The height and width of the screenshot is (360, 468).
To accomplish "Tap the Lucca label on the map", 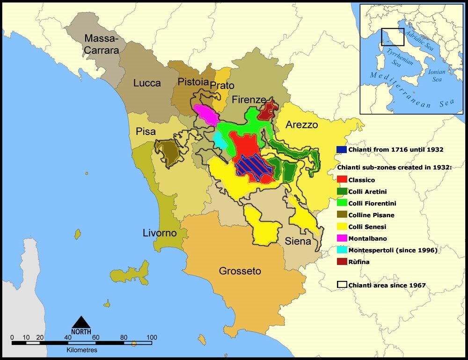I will point(147,83).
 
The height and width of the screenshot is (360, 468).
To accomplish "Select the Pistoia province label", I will point(193,82).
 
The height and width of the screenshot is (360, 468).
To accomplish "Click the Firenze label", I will point(249,100).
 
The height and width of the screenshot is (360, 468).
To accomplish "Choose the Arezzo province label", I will point(302,125).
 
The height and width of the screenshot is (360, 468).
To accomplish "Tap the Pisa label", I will point(146,131).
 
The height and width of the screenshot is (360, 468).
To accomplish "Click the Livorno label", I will point(160,233).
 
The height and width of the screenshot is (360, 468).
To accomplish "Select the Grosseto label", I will point(240,271).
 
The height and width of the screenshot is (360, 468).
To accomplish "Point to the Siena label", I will point(298,242).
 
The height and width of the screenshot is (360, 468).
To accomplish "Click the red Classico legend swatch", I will point(342,180).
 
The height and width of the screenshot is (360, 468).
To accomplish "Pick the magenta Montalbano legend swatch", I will point(342,238).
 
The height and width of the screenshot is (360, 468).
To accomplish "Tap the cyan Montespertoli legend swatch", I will point(342,250).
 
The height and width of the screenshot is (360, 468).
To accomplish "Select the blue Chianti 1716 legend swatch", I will point(342,149).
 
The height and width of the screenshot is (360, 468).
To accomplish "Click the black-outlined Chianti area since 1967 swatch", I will point(342,285).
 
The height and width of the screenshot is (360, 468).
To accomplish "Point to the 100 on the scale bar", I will point(151,337).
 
